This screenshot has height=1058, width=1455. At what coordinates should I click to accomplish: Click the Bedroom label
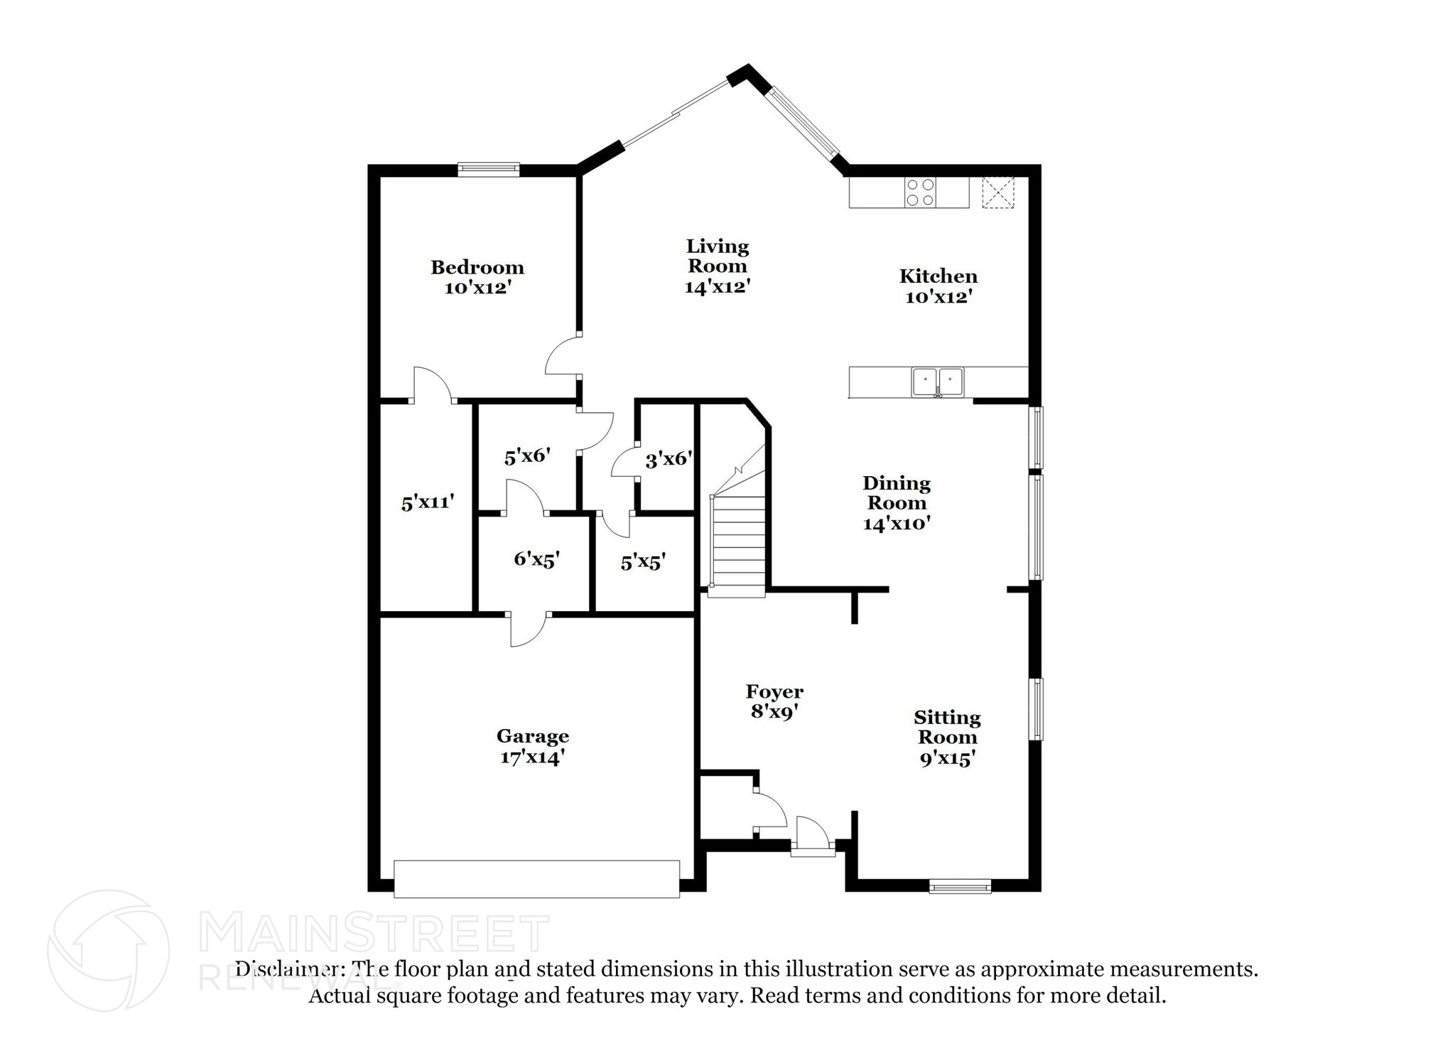(x=477, y=267)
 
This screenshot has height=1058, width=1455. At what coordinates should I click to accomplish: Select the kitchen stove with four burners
(x=920, y=193)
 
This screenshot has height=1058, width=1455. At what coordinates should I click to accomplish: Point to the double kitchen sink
(x=938, y=382)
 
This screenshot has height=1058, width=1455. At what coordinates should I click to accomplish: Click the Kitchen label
(x=938, y=276)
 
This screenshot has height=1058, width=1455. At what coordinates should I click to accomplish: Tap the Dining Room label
(x=896, y=493)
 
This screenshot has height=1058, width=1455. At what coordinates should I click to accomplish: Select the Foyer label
(x=774, y=691)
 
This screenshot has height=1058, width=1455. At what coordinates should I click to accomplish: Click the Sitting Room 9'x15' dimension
(x=946, y=759)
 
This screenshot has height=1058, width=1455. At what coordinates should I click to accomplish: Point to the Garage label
(x=532, y=736)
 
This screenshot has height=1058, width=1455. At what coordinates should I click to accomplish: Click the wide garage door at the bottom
(x=536, y=879)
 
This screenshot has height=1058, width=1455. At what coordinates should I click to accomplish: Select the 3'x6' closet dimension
(x=668, y=460)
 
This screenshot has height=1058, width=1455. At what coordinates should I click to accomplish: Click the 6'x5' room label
(x=536, y=559)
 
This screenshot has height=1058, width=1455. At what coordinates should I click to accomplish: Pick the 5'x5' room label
(x=642, y=563)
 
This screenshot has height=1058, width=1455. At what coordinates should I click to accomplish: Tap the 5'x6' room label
(x=526, y=456)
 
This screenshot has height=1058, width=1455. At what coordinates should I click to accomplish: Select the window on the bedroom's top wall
(x=488, y=169)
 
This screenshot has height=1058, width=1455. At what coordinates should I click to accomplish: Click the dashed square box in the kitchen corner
(x=997, y=193)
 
